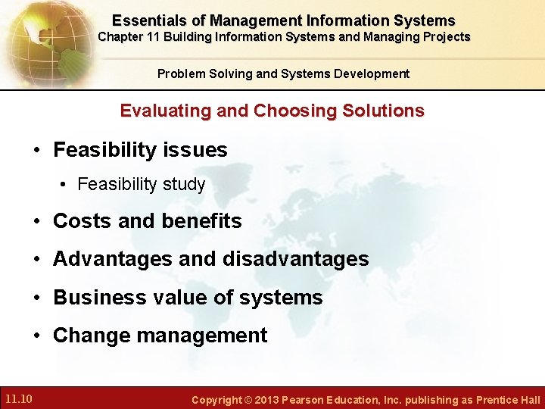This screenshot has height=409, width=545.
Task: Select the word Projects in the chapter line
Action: pyautogui.click(x=446, y=37)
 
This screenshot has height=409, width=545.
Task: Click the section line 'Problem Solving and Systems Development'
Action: pyautogui.click(x=283, y=73)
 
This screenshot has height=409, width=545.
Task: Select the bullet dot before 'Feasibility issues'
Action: pyautogui.click(x=36, y=150)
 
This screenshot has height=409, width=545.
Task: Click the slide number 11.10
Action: pyautogui.click(x=17, y=399)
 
